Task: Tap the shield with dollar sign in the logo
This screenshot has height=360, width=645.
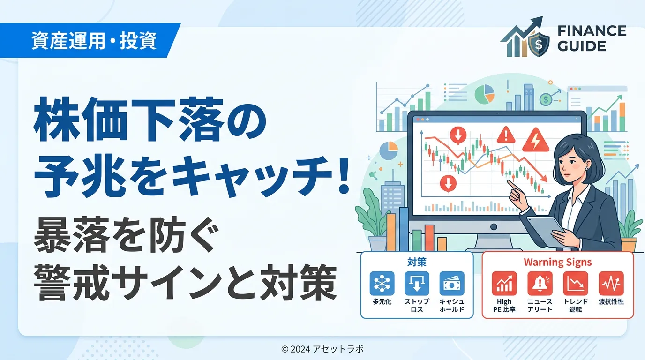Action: pyautogui.click(x=539, y=44)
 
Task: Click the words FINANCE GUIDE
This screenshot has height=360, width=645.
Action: pyautogui.click(x=592, y=38)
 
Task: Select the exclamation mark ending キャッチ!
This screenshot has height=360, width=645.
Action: pyautogui.click(x=344, y=177)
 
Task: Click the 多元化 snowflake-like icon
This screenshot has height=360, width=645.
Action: pyautogui.click(x=382, y=284)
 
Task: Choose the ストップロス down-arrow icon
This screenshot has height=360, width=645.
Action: pyautogui.click(x=417, y=284)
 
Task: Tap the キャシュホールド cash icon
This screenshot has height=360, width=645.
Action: pyautogui.click(x=452, y=284)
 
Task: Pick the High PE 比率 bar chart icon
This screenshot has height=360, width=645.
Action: pyautogui.click(x=504, y=284)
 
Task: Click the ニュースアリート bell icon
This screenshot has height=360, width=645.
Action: pyautogui.click(x=540, y=284)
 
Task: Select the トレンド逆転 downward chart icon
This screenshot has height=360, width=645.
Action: pyautogui.click(x=575, y=284)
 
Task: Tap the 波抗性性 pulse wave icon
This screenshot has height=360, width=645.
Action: pyautogui.click(x=611, y=284)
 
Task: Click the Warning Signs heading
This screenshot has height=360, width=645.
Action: pyautogui.click(x=558, y=262)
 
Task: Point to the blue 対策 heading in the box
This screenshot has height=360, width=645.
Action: pyautogui.click(x=417, y=262)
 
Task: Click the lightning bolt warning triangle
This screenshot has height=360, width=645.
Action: pyautogui.click(x=536, y=140)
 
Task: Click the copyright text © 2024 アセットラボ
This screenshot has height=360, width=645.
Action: pyautogui.click(x=322, y=349)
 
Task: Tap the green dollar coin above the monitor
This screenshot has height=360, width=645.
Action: pyautogui.click(x=545, y=100)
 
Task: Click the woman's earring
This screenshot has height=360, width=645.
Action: pyautogui.click(x=584, y=169)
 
